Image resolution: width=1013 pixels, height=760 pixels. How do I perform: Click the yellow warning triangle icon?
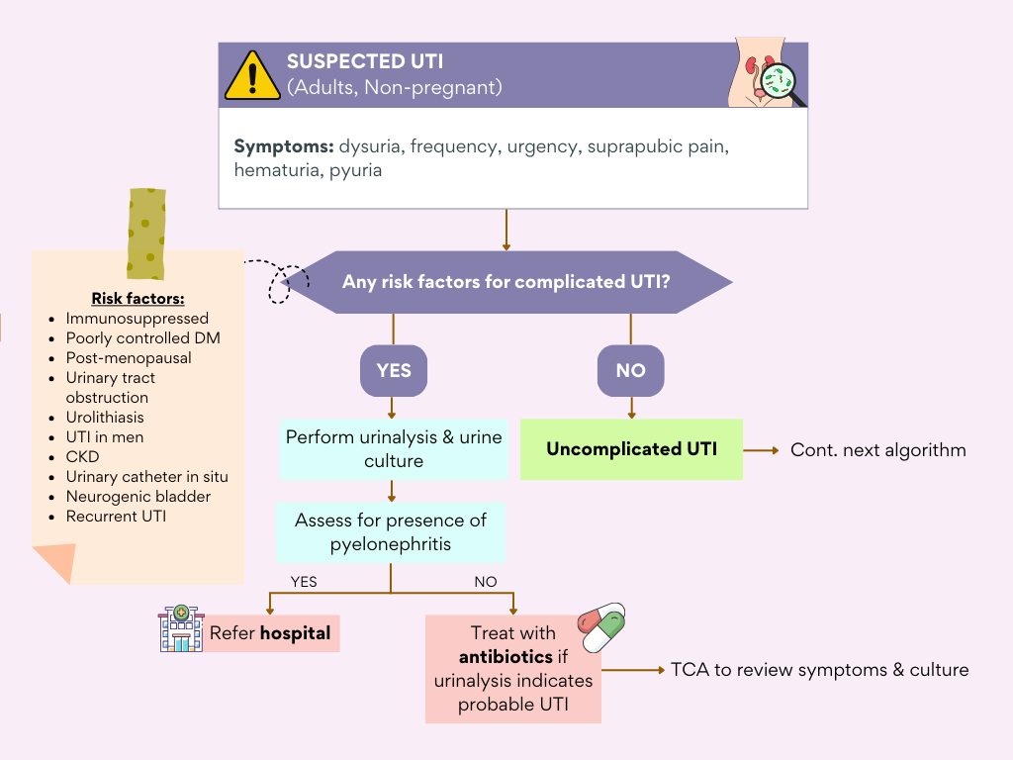click(252, 75)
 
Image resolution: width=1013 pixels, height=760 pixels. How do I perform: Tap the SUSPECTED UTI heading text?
click(365, 61)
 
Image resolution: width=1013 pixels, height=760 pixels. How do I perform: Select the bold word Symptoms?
click(283, 146)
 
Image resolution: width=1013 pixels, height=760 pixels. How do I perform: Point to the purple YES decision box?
click(394, 371)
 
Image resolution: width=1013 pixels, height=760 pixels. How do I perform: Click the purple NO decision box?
click(630, 371)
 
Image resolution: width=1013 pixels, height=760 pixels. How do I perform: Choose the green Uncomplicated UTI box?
click(631, 449)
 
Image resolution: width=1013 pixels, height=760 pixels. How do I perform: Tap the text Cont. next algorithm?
click(877, 450)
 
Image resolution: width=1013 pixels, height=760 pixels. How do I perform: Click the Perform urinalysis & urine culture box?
click(394, 448)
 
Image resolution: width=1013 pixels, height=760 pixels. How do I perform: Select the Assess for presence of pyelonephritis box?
click(394, 532)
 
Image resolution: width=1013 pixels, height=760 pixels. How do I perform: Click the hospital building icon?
click(180, 629)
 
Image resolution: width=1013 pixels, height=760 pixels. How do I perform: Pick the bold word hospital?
click(295, 633)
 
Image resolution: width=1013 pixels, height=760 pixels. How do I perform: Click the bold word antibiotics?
click(506, 657)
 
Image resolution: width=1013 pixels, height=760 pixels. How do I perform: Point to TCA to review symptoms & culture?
click(819, 670)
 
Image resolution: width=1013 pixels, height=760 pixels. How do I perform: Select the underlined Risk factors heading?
click(138, 298)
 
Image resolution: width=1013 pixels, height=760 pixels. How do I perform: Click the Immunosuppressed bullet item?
click(137, 319)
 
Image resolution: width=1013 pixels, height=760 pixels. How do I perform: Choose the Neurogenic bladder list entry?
click(138, 497)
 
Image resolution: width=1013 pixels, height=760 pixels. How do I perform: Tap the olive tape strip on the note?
click(145, 234)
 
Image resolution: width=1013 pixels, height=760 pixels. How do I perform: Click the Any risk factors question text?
click(506, 282)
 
